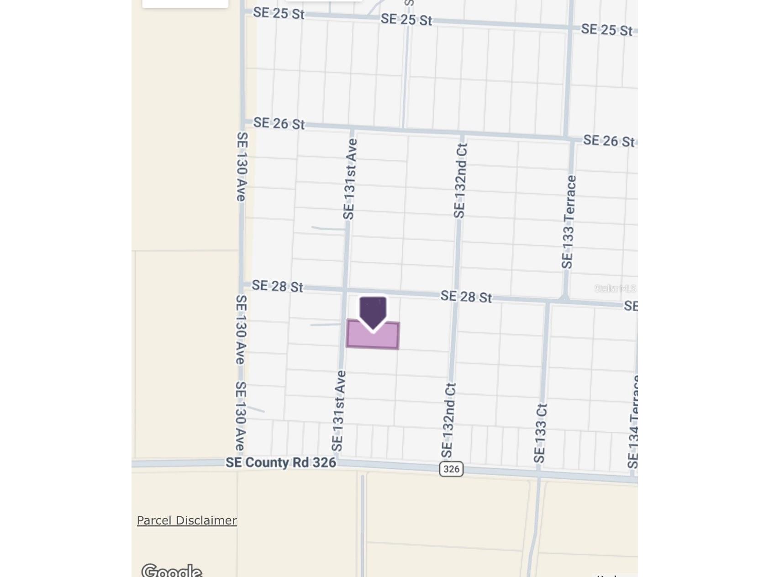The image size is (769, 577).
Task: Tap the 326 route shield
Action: pos(451,469)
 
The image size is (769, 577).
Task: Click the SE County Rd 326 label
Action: pos(281,462)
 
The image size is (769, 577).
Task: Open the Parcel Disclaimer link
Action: pos(187,520)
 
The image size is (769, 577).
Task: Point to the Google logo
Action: pos(172,571)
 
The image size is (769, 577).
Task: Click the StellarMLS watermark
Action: pos(615,288)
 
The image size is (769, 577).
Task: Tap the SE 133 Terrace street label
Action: pos(569,222)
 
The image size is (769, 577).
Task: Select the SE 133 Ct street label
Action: pos(540,433)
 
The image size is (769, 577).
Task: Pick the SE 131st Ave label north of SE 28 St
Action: pos(350,179)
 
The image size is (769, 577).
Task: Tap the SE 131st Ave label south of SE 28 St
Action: pos(338,411)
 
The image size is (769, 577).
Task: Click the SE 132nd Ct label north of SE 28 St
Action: pos(460,180)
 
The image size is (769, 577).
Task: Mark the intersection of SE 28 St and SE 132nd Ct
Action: pos(455,296)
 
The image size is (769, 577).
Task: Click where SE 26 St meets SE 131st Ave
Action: pos(352,129)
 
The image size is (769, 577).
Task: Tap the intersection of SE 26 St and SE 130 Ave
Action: pos(242,122)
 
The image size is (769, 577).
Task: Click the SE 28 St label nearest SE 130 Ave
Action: pos(277,286)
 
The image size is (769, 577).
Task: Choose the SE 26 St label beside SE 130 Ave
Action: pos(279,123)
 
